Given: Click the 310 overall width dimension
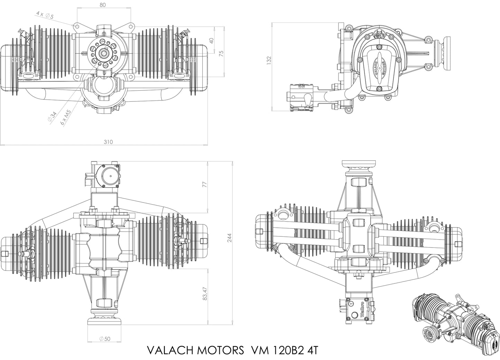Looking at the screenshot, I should coord(108,142).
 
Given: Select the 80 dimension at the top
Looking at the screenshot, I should coord(102,5).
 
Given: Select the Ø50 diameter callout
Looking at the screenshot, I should coord(104,339).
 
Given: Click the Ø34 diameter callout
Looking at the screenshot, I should coord(50,117).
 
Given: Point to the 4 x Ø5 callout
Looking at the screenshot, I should coord(45,15).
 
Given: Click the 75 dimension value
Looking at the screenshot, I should coord(221,53).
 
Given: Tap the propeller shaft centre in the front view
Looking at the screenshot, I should coord(103,53).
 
